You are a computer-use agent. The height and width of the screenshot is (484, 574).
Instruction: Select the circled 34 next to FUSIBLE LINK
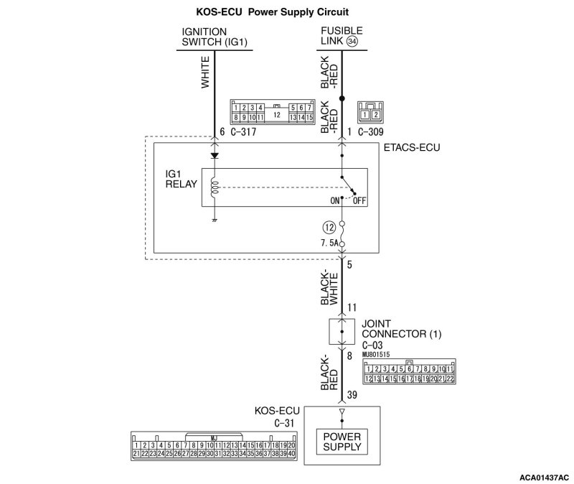coord(352,42)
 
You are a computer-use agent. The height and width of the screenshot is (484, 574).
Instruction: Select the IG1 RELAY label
coord(182,179)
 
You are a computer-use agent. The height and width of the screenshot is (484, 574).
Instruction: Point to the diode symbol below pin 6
coord(213,155)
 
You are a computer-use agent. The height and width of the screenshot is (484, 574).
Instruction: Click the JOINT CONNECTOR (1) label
coord(401,330)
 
